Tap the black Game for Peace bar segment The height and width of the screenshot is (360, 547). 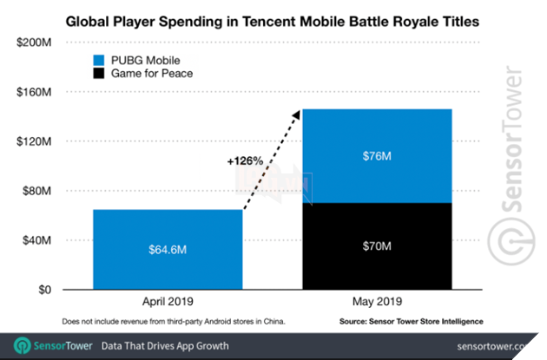pyautogui.click(x=376, y=246)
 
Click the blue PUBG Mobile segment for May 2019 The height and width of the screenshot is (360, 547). pyautogui.click(x=376, y=156)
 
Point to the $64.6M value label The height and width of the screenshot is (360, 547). pyautogui.click(x=168, y=251)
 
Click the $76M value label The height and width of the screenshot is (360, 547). pyautogui.click(x=376, y=156)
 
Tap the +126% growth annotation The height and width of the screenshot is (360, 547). pyautogui.click(x=247, y=161)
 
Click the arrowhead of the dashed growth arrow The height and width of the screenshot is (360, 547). pyautogui.click(x=296, y=114)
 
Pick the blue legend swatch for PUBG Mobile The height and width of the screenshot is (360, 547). pyautogui.click(x=101, y=60)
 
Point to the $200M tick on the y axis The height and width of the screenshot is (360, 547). pyautogui.click(x=36, y=43)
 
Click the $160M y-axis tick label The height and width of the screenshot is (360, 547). pyautogui.click(x=36, y=92)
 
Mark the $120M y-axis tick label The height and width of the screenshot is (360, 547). pyautogui.click(x=36, y=141)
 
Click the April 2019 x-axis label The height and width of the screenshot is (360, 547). pyautogui.click(x=168, y=304)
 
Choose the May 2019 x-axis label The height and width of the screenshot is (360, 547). pyautogui.click(x=376, y=304)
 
